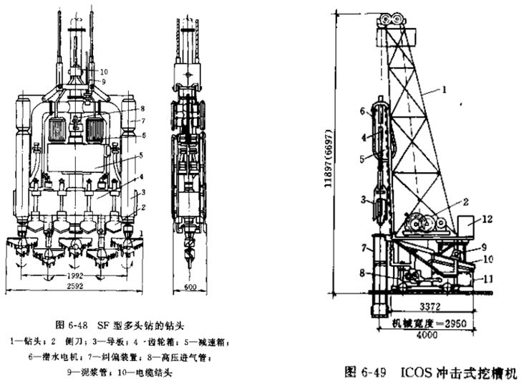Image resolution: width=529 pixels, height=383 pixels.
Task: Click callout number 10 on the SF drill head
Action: coord(105,72)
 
